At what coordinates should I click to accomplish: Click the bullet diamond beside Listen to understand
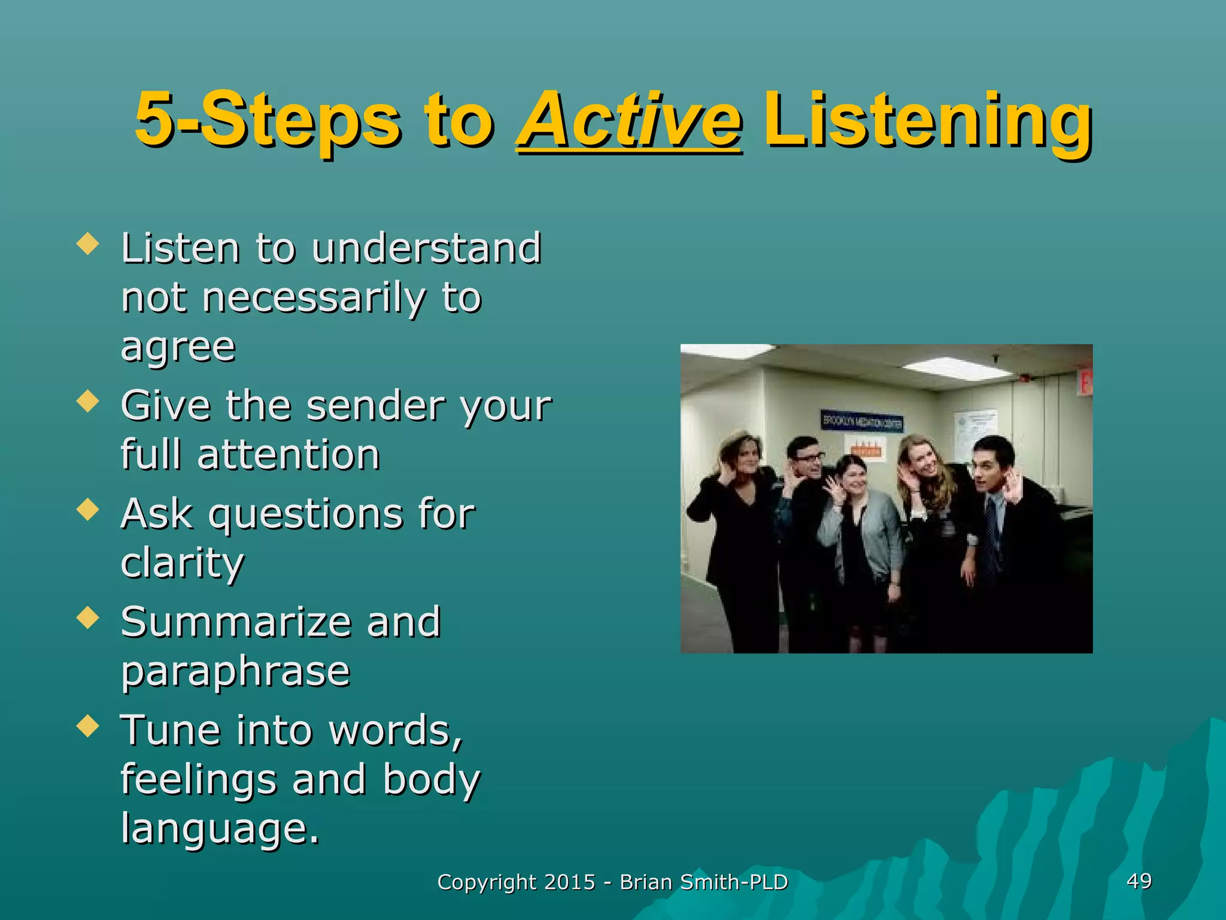(x=88, y=244)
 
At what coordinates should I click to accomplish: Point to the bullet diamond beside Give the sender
(x=88, y=401)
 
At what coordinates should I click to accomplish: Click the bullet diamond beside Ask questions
(x=88, y=510)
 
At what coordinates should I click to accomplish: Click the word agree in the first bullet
(x=178, y=347)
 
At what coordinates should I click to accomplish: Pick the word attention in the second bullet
(x=289, y=455)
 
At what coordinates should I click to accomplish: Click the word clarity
(x=183, y=563)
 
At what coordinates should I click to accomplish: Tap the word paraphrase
(x=235, y=671)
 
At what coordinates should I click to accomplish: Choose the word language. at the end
(x=220, y=828)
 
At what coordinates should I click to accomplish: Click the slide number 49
(x=1139, y=880)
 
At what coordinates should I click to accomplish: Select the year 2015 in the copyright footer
(x=569, y=882)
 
